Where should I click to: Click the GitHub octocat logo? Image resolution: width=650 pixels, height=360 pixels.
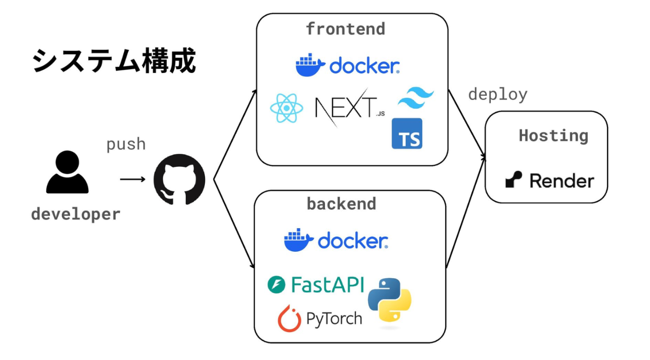click(x=179, y=179)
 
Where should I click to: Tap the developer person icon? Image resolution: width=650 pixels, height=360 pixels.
click(x=67, y=172)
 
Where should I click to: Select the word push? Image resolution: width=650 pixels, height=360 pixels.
click(x=126, y=144)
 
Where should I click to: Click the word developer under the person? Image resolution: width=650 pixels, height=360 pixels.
click(x=76, y=214)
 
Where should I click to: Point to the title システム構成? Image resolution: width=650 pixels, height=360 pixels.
click(x=114, y=60)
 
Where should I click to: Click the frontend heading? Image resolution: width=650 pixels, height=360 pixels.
click(x=345, y=29)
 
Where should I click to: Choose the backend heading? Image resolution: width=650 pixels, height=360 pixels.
click(x=342, y=203)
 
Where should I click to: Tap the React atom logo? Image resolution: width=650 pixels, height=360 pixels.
click(x=287, y=108)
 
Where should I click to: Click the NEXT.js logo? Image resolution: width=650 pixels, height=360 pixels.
click(x=350, y=107)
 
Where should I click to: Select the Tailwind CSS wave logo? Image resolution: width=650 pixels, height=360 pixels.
click(x=416, y=98)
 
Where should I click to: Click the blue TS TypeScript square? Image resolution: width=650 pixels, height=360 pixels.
click(x=407, y=134)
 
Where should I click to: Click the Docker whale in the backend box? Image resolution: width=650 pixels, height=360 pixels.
click(x=299, y=240)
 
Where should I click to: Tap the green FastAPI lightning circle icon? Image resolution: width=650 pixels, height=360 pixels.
click(x=276, y=284)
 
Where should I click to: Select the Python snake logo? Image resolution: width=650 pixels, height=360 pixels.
click(x=390, y=300)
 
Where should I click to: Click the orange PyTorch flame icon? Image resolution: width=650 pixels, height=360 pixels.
click(x=289, y=319)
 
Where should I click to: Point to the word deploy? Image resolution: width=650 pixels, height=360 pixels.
click(x=498, y=95)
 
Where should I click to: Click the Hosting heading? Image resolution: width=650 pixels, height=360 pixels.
click(x=553, y=136)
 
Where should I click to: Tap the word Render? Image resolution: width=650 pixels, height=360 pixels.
click(x=562, y=181)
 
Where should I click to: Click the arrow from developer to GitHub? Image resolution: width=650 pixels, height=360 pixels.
click(x=133, y=179)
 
